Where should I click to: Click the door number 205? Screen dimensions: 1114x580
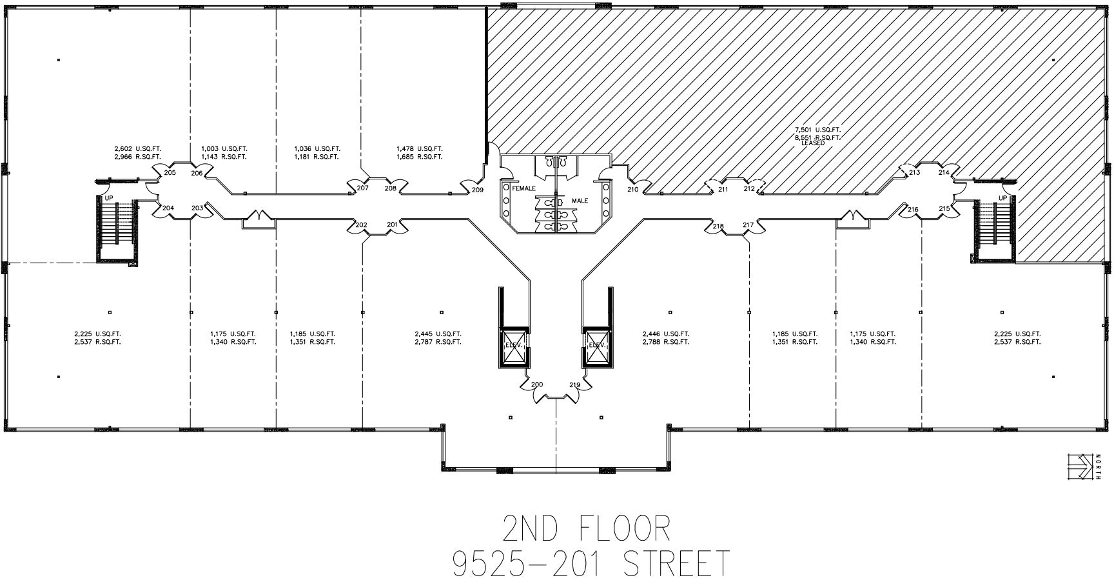170,173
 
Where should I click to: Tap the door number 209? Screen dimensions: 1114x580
477,190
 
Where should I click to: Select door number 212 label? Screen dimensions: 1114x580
749,189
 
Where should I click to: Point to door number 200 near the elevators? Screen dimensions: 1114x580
537,385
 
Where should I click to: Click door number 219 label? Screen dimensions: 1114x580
575,385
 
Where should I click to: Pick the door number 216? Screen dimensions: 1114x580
913,210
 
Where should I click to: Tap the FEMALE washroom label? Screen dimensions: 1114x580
524,188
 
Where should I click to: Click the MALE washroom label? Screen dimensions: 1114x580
580,201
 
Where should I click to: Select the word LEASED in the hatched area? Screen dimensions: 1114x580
813,143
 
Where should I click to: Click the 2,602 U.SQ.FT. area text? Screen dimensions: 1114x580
137,149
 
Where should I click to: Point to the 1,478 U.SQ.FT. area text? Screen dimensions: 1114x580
419,149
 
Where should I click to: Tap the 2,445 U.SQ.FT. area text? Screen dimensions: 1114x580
438,334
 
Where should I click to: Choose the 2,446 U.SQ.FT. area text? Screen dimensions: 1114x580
666,334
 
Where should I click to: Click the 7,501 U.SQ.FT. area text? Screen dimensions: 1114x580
818,130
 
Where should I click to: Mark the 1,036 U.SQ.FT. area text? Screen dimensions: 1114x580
317,149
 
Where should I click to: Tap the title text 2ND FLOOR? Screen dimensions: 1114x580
586,529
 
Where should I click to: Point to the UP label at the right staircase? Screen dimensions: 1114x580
1002,198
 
